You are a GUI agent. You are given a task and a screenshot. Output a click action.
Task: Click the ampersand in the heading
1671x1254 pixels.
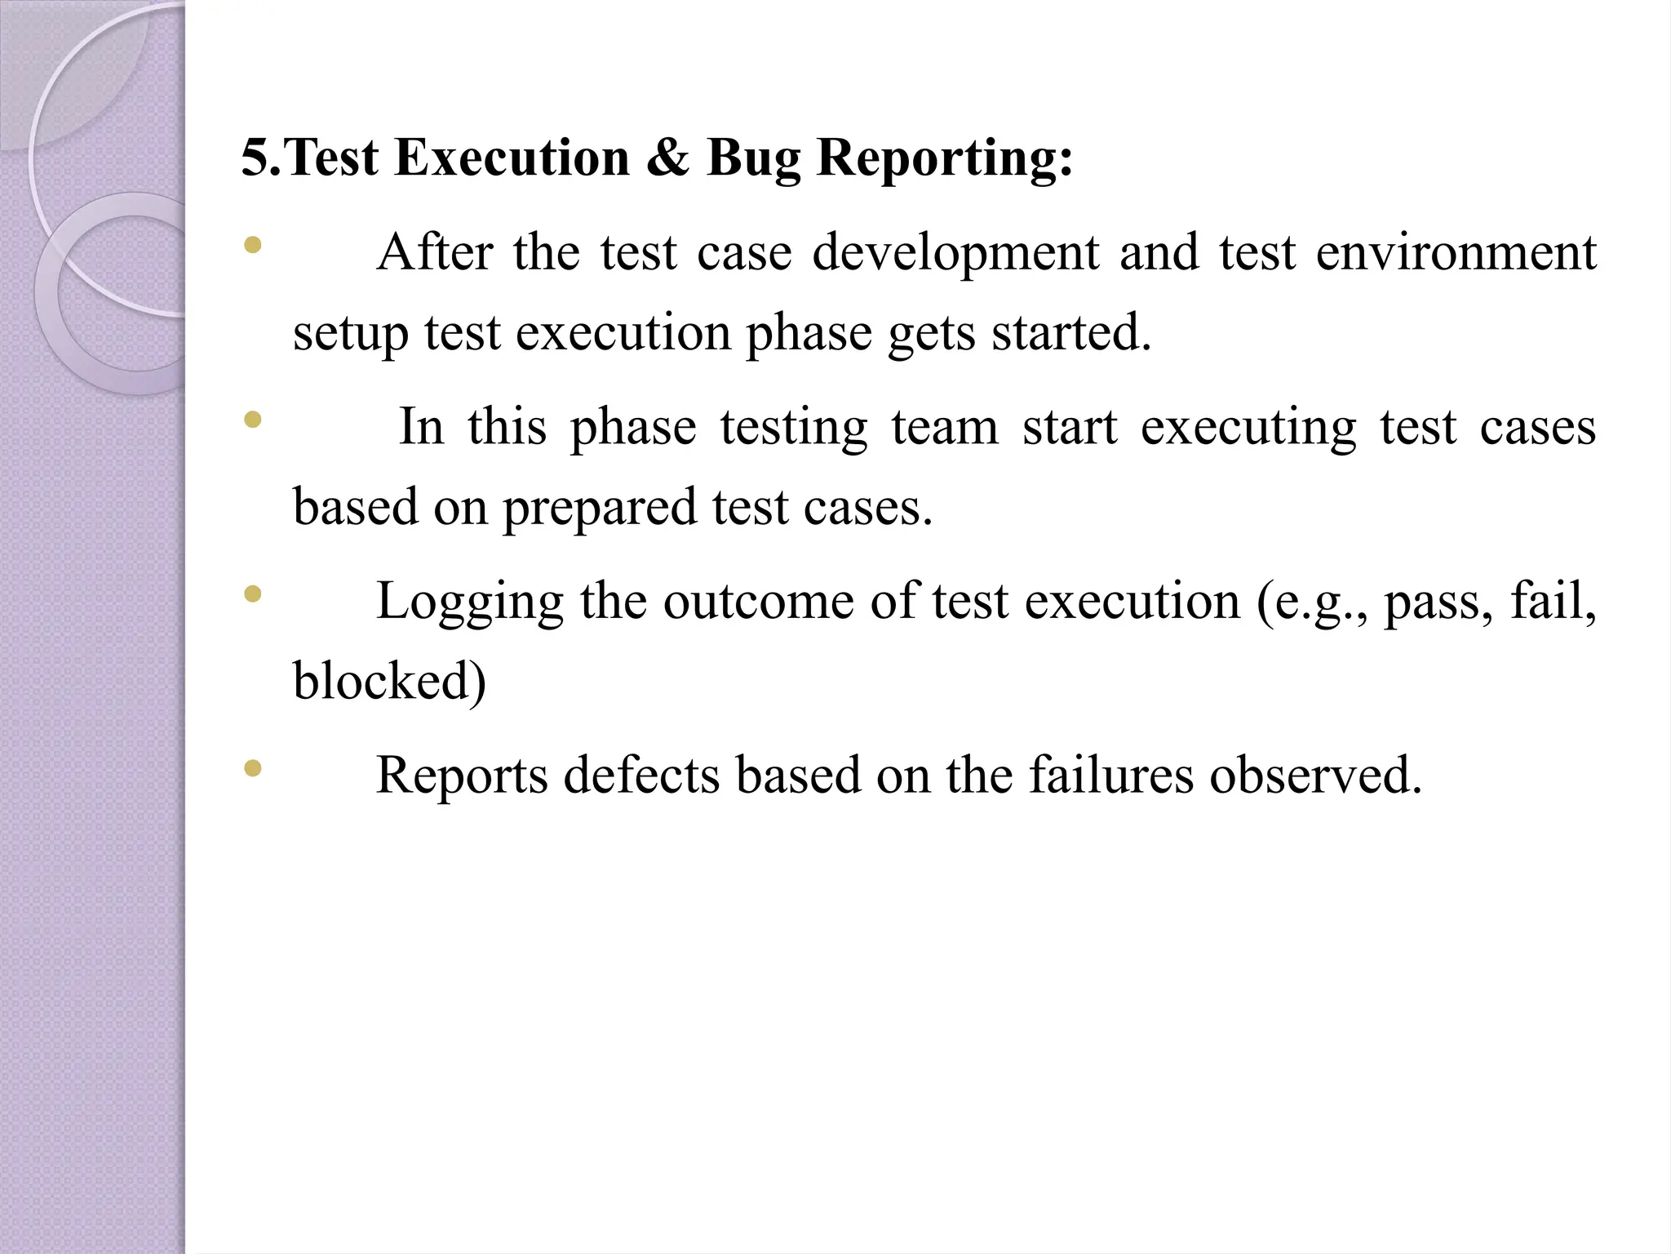(x=667, y=158)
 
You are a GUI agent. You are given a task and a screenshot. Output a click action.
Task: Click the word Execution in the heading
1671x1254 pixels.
(x=512, y=158)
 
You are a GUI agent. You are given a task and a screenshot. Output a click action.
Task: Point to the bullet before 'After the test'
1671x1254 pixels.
(x=253, y=245)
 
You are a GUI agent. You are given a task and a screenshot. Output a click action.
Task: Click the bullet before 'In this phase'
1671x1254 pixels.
(x=253, y=420)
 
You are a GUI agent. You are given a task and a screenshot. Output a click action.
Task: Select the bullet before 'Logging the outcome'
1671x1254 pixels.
(x=253, y=594)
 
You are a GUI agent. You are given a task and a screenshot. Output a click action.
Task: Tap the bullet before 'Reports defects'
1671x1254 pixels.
(x=253, y=767)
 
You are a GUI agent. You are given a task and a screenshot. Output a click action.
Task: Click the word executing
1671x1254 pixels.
(x=1248, y=429)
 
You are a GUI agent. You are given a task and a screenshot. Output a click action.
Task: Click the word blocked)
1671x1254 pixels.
(x=389, y=681)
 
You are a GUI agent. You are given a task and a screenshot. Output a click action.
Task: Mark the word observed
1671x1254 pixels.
(x=1315, y=775)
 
